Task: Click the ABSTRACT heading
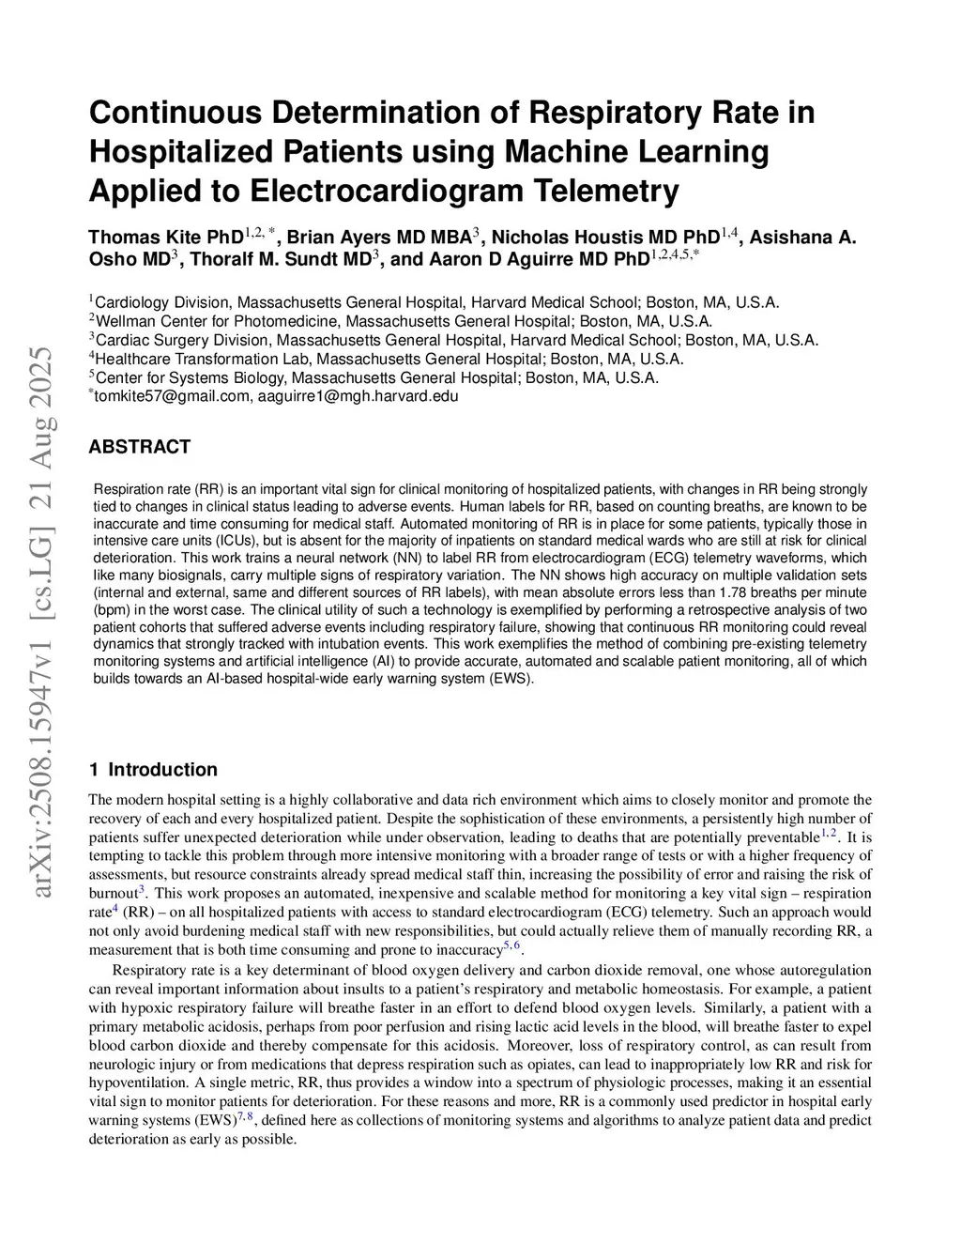coord(139,447)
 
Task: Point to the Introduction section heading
coord(162,770)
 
